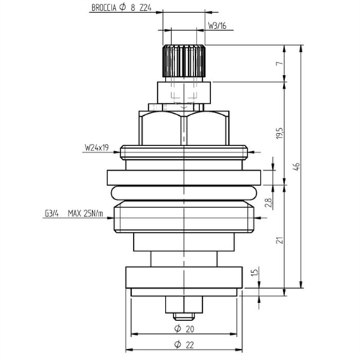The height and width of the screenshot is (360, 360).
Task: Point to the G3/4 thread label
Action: pos(51,213)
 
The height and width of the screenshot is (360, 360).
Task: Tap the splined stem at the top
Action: pos(184,63)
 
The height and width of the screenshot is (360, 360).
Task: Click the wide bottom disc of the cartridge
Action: pos(185,278)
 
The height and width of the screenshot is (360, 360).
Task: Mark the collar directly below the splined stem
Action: pos(184,91)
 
